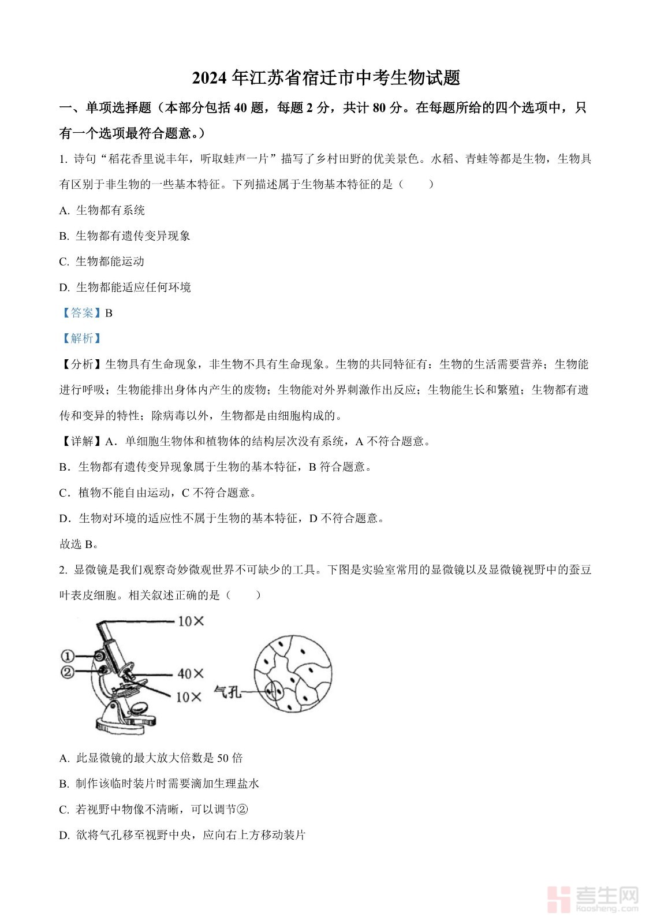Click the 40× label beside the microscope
[x=191, y=673]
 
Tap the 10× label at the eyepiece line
[x=191, y=621]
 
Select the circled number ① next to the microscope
[x=68, y=656]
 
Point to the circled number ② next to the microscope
[x=68, y=672]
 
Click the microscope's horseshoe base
[x=124, y=724]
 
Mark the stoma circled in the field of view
[x=274, y=690]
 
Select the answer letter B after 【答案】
[x=109, y=313]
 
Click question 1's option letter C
[x=64, y=262]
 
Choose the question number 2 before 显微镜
[x=63, y=570]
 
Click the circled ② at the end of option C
[x=242, y=810]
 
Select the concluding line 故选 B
[x=79, y=544]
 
